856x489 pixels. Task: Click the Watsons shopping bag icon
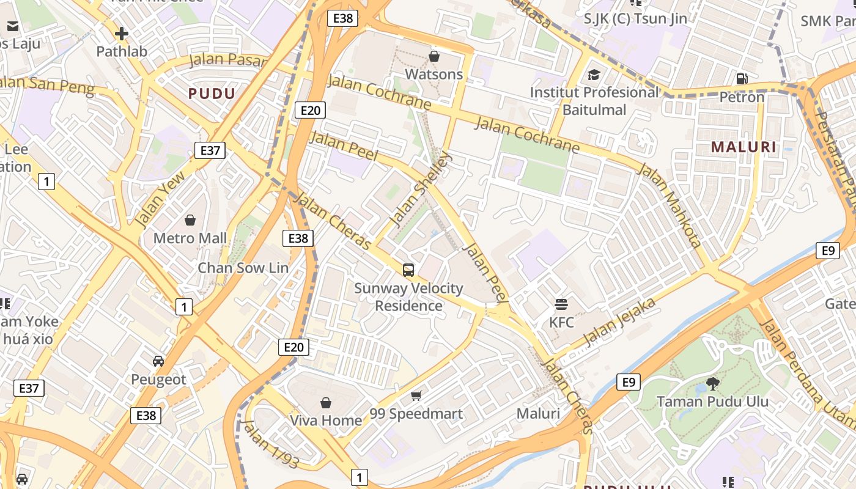434,57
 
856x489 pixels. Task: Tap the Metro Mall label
190,238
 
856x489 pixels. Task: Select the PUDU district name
212,94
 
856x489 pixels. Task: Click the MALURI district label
744,147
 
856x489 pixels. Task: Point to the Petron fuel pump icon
742,79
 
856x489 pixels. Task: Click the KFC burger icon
561,304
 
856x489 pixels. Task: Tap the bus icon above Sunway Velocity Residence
408,270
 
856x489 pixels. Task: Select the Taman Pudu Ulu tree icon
712,383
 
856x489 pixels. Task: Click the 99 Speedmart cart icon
416,395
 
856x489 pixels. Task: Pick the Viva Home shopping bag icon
326,403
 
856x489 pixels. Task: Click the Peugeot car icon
158,361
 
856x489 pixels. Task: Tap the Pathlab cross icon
122,34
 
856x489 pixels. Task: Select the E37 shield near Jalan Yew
210,150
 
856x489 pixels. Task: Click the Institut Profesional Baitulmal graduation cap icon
594,75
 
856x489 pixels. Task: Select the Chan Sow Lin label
243,268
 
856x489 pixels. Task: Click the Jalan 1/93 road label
270,444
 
